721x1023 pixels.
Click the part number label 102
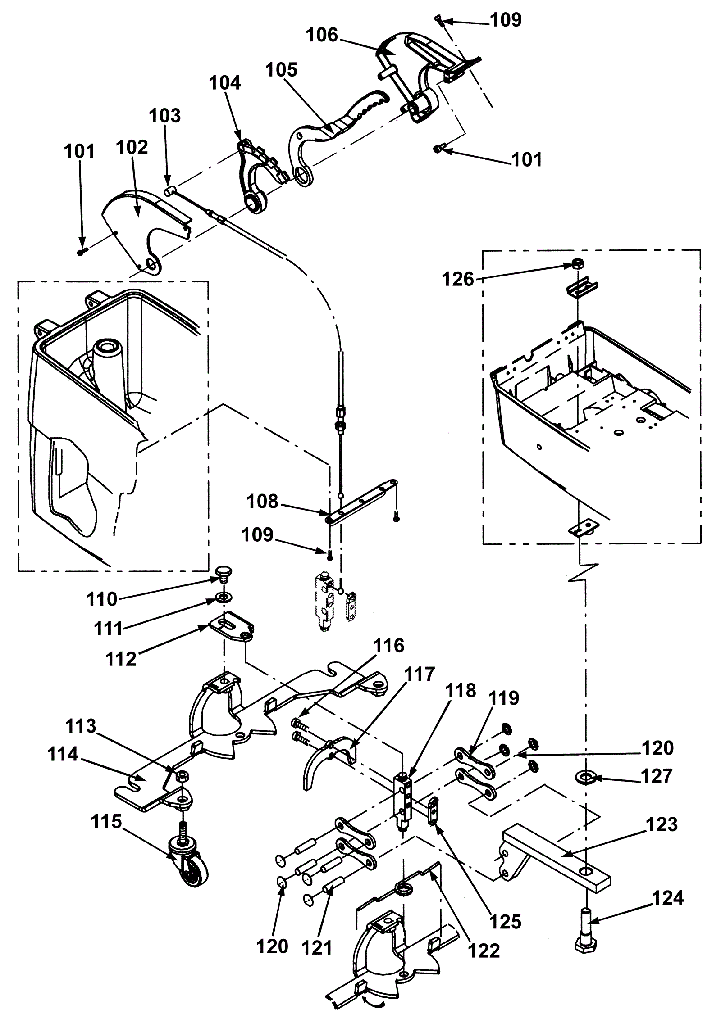tap(132, 147)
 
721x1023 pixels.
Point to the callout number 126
tap(458, 279)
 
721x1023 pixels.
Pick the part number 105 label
tap(282, 70)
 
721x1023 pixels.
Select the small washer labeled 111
tap(222, 598)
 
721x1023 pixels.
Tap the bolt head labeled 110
tap(221, 574)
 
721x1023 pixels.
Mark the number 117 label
tap(420, 674)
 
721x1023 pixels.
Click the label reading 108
tap(263, 502)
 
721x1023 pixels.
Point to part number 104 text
tap(225, 83)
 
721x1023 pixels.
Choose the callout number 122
tap(484, 951)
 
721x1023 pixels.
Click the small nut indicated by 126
tap(576, 264)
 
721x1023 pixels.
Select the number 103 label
tap(165, 116)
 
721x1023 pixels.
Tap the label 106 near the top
tap(322, 35)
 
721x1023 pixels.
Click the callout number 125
tap(505, 922)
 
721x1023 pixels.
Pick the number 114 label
tap(63, 754)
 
